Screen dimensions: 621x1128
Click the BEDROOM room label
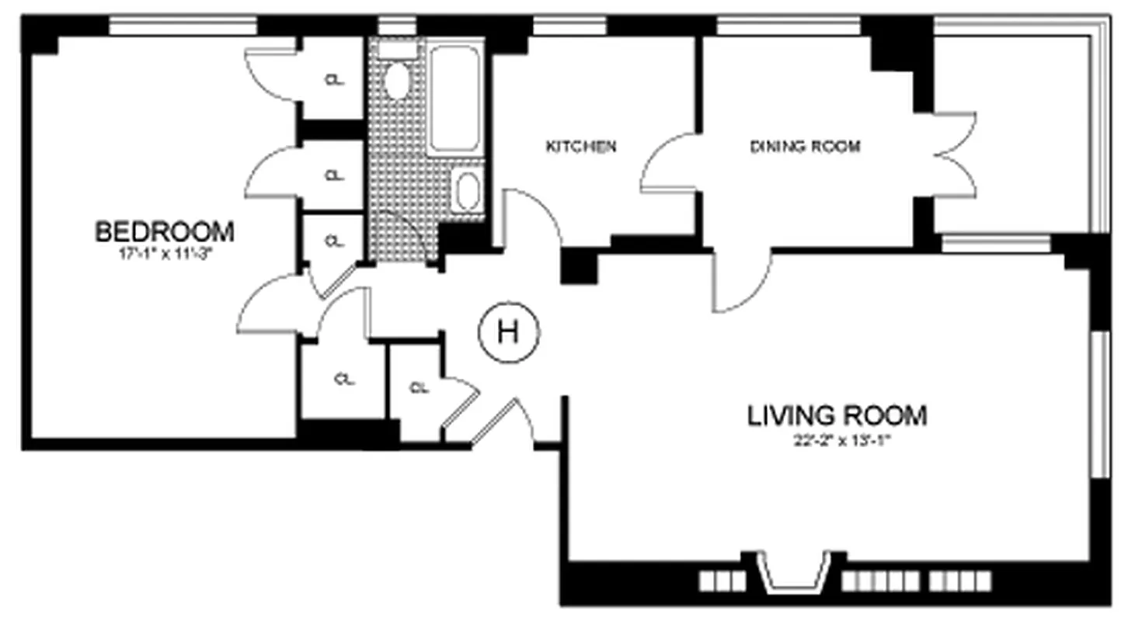click(164, 231)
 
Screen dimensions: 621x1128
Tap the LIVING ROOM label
click(837, 415)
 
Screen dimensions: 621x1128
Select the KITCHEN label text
click(581, 146)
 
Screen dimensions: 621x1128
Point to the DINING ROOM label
click(805, 146)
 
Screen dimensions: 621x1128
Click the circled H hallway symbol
click(508, 333)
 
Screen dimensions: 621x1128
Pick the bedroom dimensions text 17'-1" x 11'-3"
click(164, 251)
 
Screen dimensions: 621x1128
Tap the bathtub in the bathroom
click(454, 99)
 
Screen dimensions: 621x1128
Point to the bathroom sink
click(467, 191)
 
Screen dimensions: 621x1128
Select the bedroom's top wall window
click(183, 26)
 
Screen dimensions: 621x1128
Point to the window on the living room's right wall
click(1098, 404)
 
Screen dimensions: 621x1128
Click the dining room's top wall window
click(788, 26)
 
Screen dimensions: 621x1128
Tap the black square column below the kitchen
click(578, 267)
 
